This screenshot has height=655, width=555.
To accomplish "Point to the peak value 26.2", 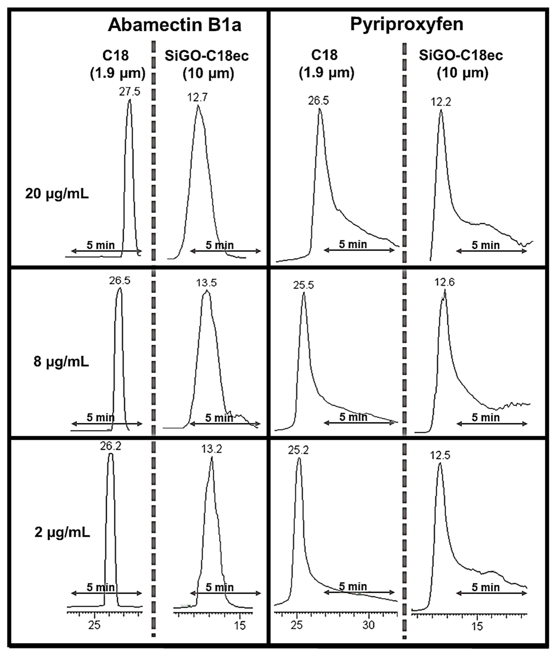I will pos(111,446).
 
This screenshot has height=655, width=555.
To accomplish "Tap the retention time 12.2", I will pos(441,102).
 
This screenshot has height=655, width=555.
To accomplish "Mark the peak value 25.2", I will pos(298,450).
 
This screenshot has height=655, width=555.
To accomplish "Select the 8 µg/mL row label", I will pos(61,362).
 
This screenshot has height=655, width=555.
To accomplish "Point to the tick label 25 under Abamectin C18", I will pos(94,625).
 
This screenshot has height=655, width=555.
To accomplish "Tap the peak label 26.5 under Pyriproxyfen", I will pos(318,101).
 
